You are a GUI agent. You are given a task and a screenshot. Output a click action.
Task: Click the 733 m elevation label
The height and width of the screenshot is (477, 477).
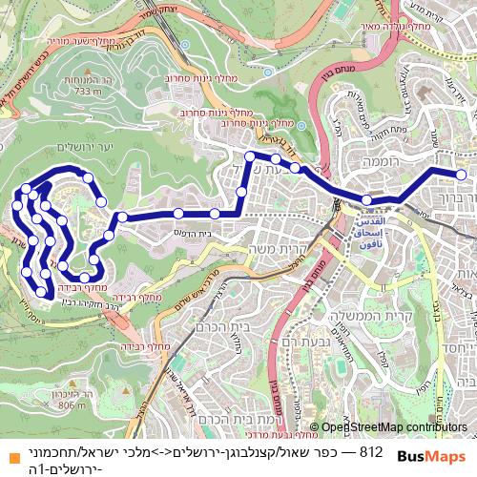coord(87,92)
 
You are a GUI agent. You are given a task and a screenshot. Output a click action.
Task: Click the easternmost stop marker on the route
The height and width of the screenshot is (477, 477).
coord(462,175)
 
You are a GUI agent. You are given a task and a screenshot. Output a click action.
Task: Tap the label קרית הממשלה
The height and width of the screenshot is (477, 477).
coord(391,316)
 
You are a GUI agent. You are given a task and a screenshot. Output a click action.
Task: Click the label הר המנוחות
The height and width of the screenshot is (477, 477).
coord(87,81)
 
